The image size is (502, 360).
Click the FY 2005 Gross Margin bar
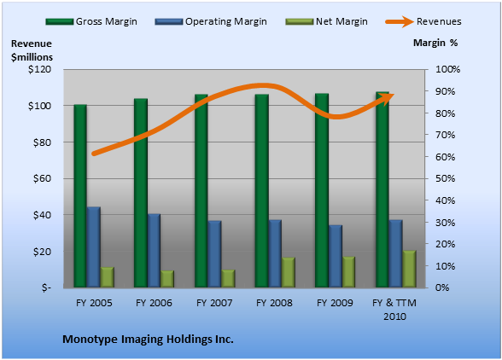tap(80, 196)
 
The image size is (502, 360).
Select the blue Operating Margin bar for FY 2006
tap(154, 251)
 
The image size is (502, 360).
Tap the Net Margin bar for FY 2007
tap(228, 279)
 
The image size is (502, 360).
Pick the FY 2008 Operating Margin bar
tap(275, 253)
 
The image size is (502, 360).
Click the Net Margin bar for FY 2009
tap(348, 272)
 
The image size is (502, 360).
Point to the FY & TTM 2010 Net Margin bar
tap(409, 269)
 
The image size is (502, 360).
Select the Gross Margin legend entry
tap(91, 21)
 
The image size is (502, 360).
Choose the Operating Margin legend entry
tap(211, 21)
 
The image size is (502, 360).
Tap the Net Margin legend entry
tap(327, 21)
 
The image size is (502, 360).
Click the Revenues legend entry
tap(423, 21)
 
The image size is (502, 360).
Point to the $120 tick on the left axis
tap(39, 69)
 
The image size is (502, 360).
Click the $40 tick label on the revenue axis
tap(42, 215)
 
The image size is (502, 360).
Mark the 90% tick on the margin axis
tap(445, 91)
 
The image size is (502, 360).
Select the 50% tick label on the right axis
tap(445, 178)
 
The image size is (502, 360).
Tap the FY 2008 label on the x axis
tap(274, 303)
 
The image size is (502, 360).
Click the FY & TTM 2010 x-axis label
tap(394, 310)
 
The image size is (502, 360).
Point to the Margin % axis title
tap(435, 43)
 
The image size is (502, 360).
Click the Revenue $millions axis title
tap(32, 50)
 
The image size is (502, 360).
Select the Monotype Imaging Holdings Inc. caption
tap(148, 340)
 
